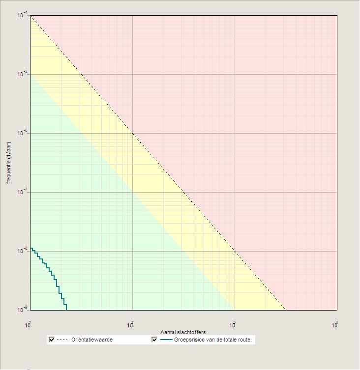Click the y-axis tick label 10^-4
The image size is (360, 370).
[23, 16]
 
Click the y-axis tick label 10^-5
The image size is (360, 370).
[23, 74]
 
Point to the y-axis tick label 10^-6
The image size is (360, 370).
[23, 133]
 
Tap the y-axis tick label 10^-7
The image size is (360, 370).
[23, 192]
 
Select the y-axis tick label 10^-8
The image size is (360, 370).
[23, 251]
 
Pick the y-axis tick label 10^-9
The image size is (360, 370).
[23, 310]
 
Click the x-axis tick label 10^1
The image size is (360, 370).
[29, 325]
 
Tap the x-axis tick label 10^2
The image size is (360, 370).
[131, 325]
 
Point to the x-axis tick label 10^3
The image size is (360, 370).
[233, 325]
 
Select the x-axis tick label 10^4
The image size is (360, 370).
[335, 325]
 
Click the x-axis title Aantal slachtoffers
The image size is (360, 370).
[183, 333]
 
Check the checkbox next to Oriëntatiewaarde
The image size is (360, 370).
[52, 340]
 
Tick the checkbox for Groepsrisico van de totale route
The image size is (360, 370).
[154, 340]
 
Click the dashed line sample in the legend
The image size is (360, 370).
[63, 340]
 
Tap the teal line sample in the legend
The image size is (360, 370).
[166, 340]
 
